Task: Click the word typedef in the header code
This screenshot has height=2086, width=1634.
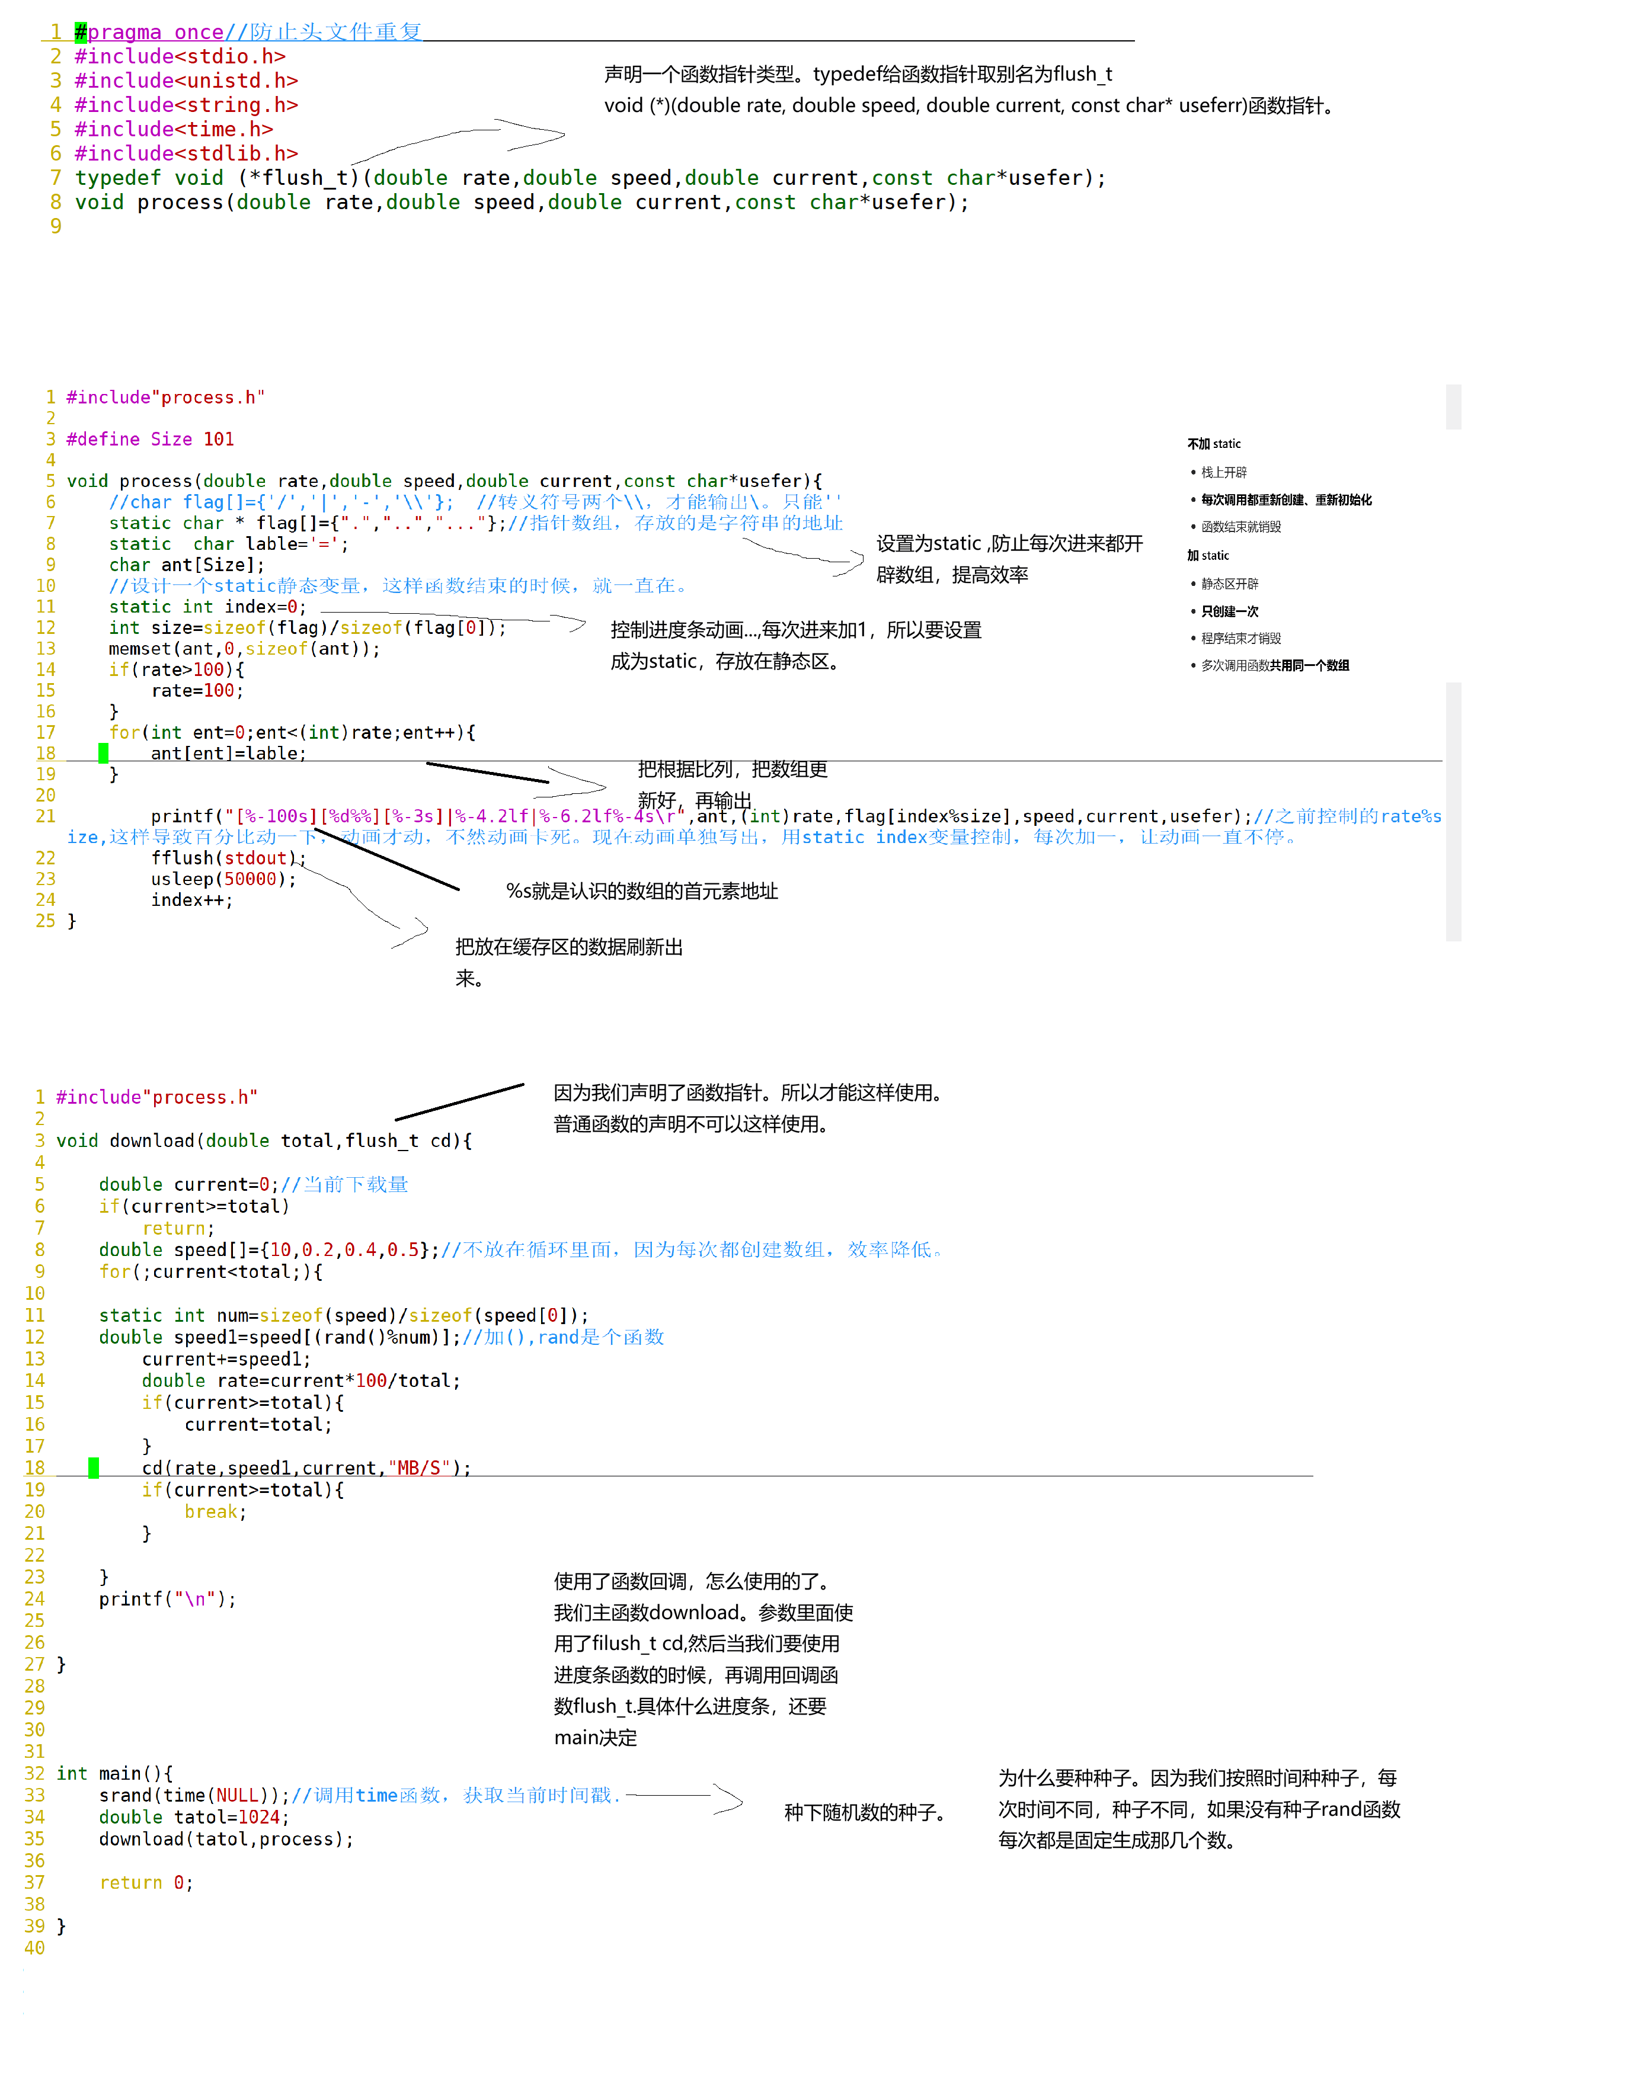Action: point(118,178)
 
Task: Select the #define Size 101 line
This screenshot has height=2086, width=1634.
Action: point(150,439)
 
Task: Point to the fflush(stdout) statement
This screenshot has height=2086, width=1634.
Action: point(228,858)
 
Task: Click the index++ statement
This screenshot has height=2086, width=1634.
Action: point(191,900)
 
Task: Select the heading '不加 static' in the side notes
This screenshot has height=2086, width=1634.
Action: point(1213,444)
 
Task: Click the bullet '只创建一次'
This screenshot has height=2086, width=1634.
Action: point(1229,611)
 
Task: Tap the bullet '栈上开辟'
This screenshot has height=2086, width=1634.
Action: point(1224,473)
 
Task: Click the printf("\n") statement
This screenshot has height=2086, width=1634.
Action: point(167,1599)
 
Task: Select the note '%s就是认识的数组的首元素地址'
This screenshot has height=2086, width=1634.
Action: point(642,892)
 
